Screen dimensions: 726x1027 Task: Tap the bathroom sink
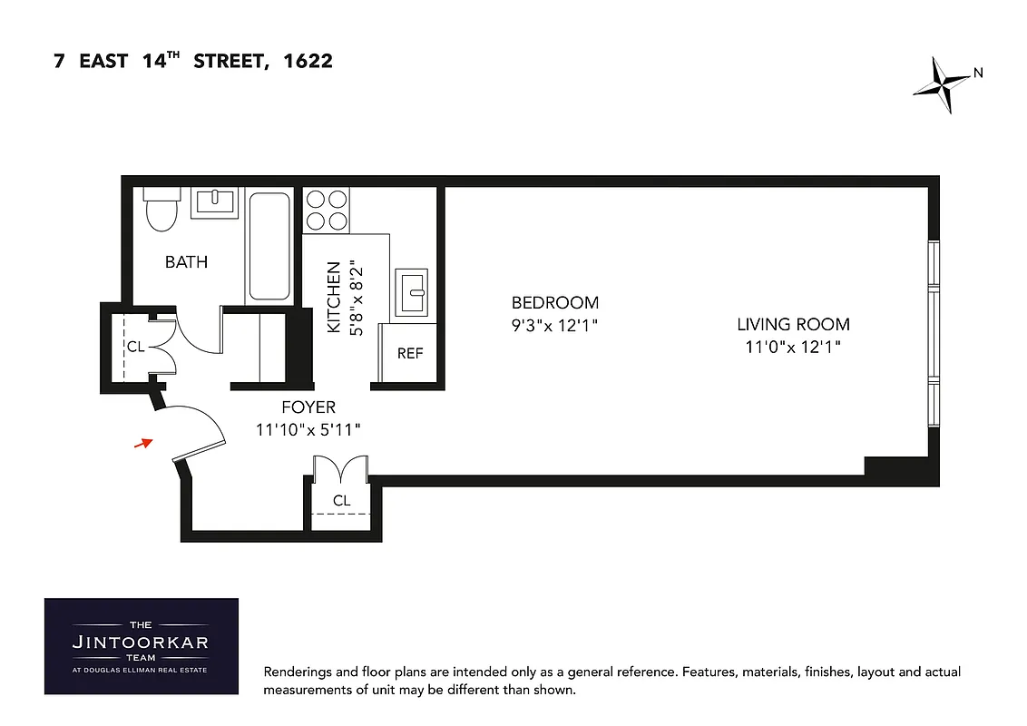point(214,201)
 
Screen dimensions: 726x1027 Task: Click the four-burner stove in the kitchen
point(327,209)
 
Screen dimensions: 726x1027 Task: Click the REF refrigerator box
point(410,353)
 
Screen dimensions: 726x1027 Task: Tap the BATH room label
point(186,262)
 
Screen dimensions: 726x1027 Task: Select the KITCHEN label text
point(334,297)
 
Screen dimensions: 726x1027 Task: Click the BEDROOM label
point(555,303)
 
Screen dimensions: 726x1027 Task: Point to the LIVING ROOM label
point(793,324)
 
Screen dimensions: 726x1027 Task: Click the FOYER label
point(308,407)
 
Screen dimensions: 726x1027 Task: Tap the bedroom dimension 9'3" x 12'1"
point(555,325)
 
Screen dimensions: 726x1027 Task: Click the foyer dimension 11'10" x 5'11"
point(308,429)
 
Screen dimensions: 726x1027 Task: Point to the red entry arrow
point(142,443)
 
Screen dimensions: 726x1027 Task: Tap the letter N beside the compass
point(978,73)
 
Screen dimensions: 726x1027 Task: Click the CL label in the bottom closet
point(341,500)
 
